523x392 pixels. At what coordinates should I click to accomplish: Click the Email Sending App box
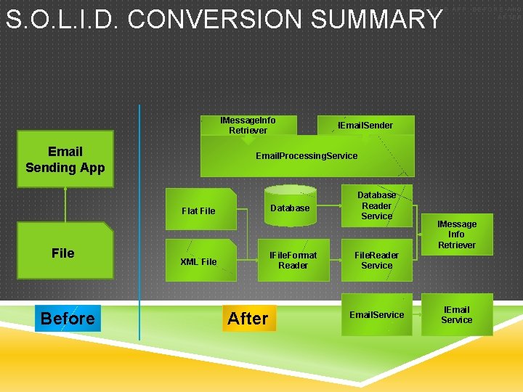65,160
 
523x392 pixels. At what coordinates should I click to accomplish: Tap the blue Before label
68,318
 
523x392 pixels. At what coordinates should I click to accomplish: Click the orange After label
248,318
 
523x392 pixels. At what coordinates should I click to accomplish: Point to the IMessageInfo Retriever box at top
248,126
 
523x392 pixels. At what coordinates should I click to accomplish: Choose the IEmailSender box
365,126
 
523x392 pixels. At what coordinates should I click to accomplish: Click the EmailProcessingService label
307,156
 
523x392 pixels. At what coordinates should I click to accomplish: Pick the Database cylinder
290,208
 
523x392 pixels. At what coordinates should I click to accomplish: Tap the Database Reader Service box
376,205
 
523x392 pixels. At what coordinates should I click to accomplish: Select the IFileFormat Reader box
293,260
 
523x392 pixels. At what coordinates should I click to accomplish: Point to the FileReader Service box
376,260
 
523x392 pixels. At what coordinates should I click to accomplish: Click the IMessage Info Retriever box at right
456,234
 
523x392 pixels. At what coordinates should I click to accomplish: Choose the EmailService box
376,314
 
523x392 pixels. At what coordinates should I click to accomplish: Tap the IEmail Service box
456,314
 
